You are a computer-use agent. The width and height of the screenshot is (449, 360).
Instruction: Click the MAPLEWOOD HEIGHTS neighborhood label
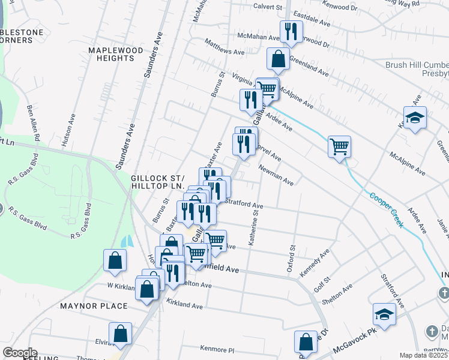coord(115,55)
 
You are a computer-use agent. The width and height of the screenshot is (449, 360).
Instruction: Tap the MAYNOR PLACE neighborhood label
coord(94,306)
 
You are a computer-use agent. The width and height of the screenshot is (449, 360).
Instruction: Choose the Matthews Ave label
coord(224,48)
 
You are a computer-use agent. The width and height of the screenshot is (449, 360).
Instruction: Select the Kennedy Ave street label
coord(316,263)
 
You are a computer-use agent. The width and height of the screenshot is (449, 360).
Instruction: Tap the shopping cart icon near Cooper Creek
coord(339,147)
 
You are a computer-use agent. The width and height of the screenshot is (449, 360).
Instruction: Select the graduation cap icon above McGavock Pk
coord(384,314)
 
